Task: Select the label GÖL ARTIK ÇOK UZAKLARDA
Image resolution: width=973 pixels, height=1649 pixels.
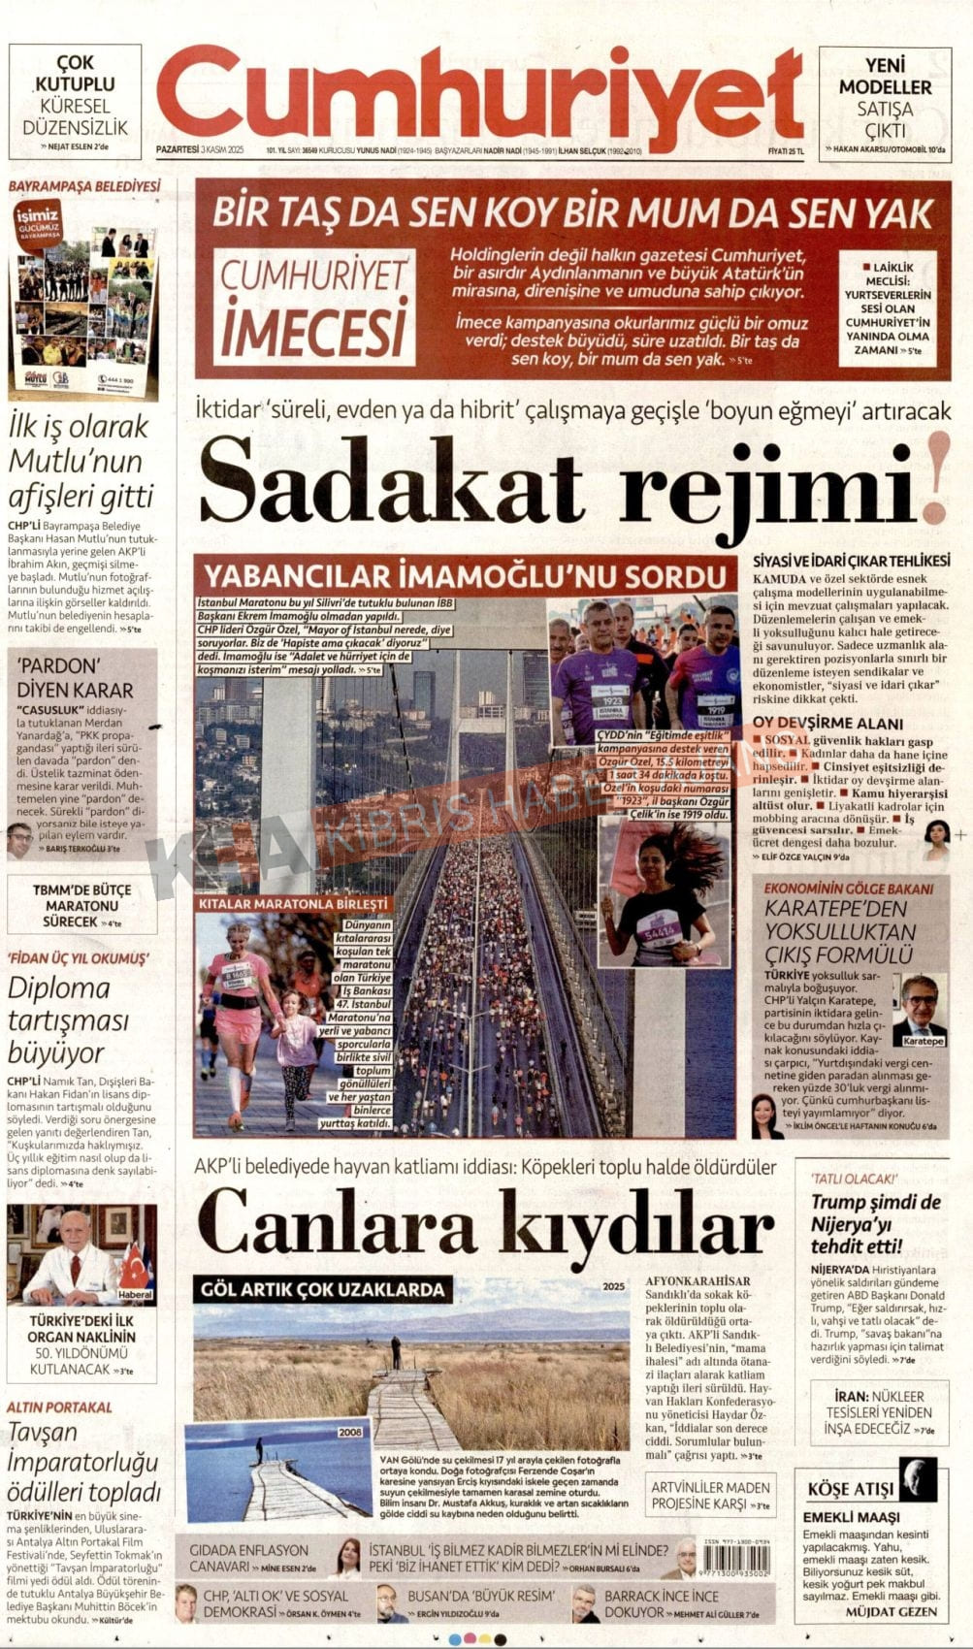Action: click(x=322, y=1289)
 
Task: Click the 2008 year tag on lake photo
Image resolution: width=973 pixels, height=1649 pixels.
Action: click(x=350, y=1432)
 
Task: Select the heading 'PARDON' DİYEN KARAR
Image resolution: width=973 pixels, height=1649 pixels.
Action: click(x=76, y=678)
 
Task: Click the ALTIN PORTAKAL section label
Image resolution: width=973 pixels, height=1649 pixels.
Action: click(x=59, y=1406)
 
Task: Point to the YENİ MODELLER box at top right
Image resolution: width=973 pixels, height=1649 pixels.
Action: click(x=885, y=101)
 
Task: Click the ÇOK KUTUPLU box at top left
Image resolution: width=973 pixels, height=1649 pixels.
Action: click(x=75, y=101)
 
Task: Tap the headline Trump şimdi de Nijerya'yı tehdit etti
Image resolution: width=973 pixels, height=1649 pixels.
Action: click(x=876, y=1223)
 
